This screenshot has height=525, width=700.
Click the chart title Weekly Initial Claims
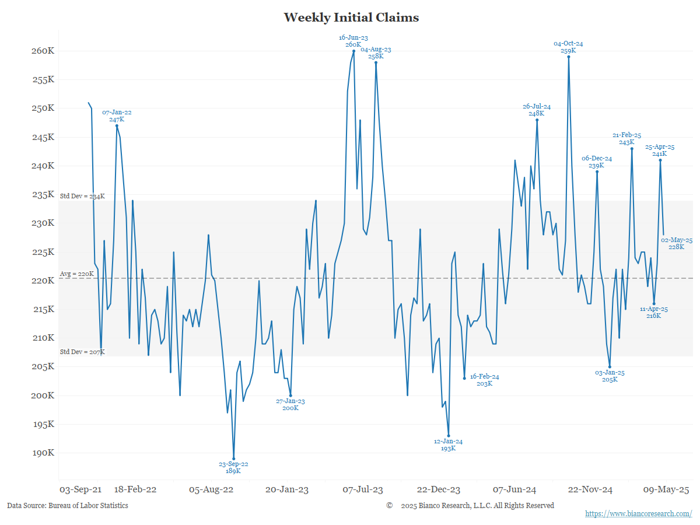click(351, 17)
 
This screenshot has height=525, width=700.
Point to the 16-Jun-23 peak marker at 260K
click(353, 51)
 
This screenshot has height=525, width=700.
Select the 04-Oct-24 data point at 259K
click(569, 57)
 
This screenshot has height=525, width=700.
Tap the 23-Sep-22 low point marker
click(233, 459)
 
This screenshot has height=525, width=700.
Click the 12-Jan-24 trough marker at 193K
click(449, 436)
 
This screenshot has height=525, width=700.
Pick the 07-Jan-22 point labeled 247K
click(117, 125)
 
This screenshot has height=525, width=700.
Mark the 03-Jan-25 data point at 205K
click(610, 367)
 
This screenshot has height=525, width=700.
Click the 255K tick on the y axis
click(43, 79)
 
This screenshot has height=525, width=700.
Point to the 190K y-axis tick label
click(43, 453)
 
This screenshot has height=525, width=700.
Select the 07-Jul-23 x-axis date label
click(363, 490)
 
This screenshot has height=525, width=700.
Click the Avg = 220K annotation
click(77, 274)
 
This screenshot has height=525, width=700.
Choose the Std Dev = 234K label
click(82, 196)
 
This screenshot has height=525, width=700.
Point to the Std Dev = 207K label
click(82, 352)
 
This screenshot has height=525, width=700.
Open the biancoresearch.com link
click(638, 513)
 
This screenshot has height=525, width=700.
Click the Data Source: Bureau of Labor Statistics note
click(68, 506)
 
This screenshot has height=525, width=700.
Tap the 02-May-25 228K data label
click(676, 243)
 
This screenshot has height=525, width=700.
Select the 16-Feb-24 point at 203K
click(464, 379)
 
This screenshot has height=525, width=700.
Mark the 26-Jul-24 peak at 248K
click(537, 120)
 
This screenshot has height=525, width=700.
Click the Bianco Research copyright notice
click(470, 506)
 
